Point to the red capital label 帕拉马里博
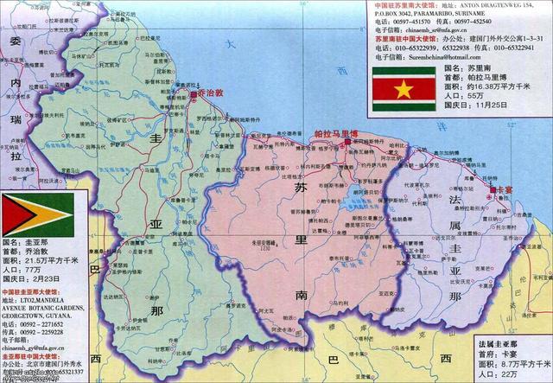337,135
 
